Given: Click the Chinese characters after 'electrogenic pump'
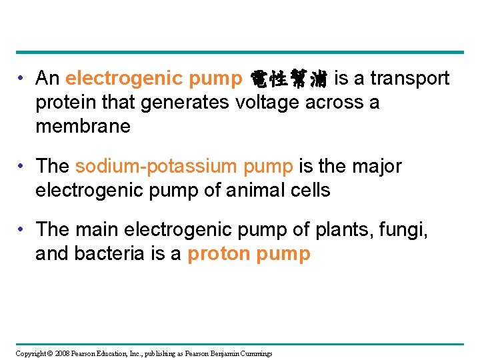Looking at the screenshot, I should pos(288,79).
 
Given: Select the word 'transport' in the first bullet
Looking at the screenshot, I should pos(410,79).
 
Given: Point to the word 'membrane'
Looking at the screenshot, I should pos(83,127).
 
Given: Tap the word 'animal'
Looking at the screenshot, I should pos(254,190).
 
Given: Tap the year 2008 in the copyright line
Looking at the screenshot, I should pos(62,353).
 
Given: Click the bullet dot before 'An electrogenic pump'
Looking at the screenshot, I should pos(23,79).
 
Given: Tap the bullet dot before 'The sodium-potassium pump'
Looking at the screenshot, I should pos(23,166).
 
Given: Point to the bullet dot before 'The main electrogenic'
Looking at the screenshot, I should pos(23,230).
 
